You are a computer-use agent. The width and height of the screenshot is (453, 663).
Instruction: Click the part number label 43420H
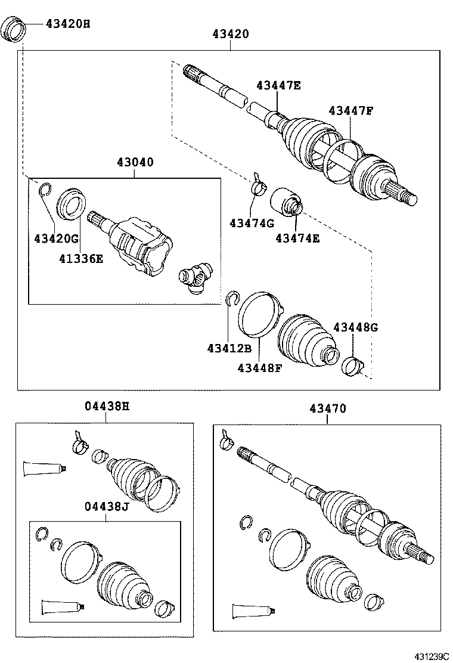coord(68,24)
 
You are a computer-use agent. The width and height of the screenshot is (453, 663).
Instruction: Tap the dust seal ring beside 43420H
coord(14,30)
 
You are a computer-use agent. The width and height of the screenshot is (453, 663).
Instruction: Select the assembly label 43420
coord(230,35)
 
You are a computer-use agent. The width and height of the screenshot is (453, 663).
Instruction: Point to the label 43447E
coord(278,85)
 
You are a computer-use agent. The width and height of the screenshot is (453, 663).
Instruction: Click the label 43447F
coord(350,110)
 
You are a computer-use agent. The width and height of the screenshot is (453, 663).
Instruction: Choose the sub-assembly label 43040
coord(135,162)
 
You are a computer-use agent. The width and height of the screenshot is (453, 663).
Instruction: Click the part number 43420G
coord(56,238)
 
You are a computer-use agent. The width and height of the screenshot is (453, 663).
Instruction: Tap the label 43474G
coord(251,223)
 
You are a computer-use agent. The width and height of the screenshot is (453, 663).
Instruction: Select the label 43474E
coord(297,238)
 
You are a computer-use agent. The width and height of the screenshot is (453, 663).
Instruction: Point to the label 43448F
coord(259,367)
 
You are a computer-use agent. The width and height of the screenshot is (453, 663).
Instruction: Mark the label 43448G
coord(355,327)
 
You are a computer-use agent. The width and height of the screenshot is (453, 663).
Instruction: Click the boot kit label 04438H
coord(106,407)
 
